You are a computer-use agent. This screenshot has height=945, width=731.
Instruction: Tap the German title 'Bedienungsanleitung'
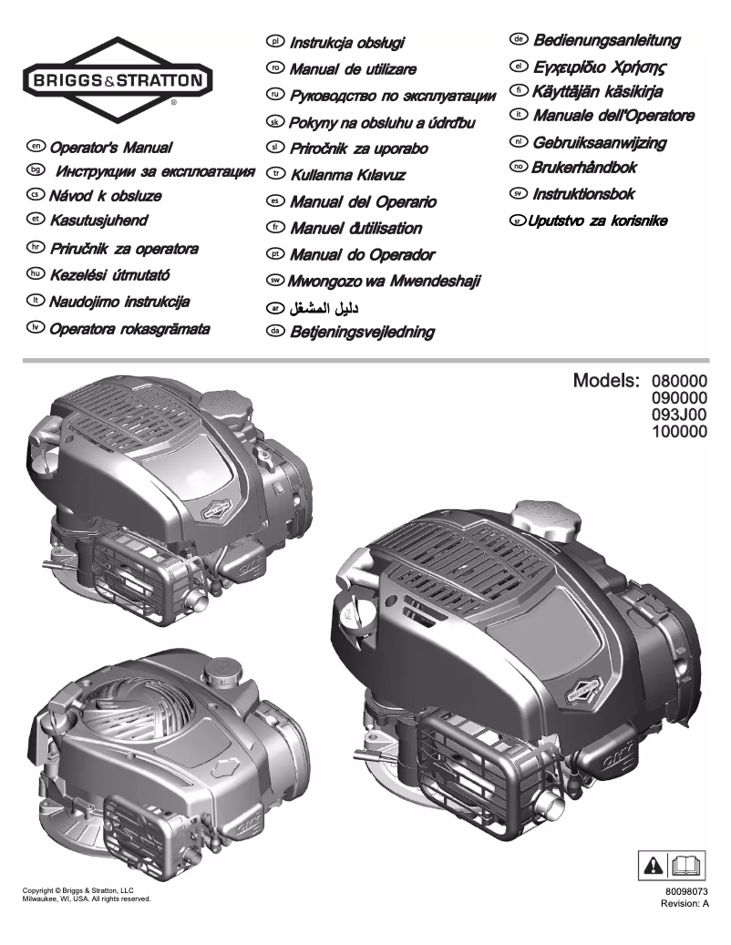click(607, 41)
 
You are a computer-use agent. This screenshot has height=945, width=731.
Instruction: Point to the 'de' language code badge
click(520, 41)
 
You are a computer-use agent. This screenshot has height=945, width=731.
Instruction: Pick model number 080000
click(678, 381)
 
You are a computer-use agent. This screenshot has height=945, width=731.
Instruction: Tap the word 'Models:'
click(605, 380)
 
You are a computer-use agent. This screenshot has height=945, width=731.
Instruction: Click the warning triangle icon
click(655, 862)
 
